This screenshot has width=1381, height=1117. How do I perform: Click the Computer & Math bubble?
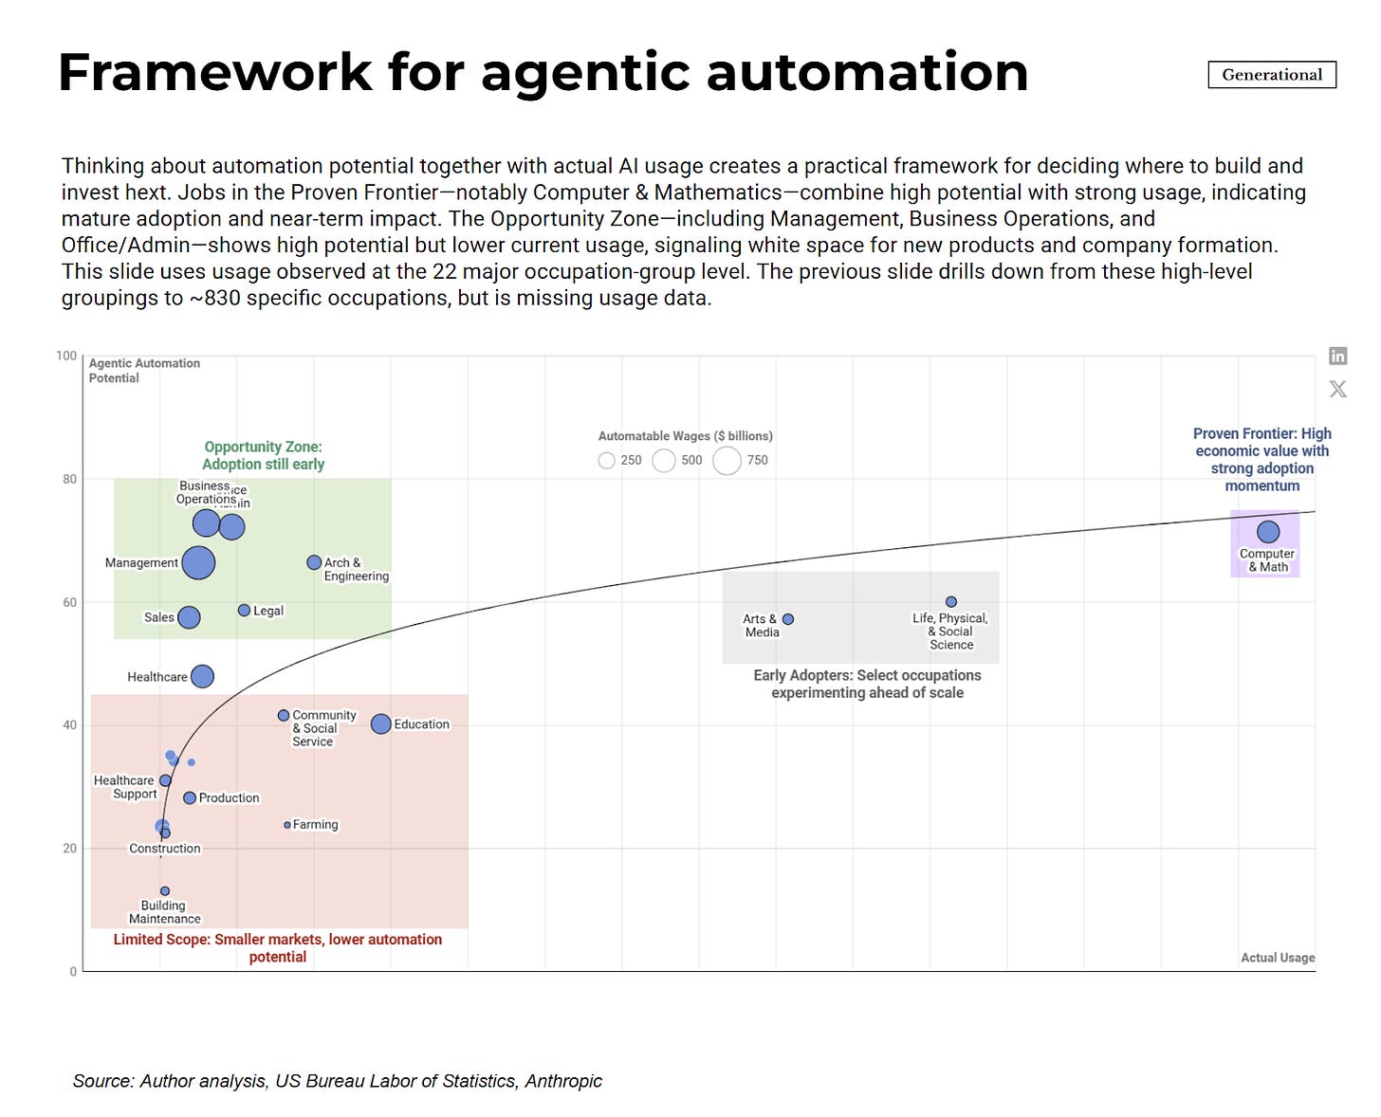1267,532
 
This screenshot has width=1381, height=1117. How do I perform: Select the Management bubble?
198,562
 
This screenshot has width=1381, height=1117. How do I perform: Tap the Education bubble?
381,724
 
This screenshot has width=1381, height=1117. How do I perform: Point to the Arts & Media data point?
788,619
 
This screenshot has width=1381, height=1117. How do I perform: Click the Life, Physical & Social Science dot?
951,602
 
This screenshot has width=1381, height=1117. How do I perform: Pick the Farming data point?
287,825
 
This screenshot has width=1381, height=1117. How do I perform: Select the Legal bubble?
244,611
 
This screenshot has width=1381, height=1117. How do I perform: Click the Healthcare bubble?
202,676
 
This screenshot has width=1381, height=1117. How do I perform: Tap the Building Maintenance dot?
165,891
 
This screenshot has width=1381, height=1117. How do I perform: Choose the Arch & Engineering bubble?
314,562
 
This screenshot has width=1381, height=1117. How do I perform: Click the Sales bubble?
189,617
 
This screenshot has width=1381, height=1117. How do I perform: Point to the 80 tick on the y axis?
70,479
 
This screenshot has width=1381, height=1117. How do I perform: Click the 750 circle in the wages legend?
727,461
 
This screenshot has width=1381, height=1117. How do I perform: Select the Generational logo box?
1272,75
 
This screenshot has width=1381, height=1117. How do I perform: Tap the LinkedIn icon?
1338,356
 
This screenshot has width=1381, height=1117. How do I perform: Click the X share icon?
1338,389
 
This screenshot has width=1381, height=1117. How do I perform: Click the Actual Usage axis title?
1278,958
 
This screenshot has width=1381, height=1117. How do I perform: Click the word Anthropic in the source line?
563,1081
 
